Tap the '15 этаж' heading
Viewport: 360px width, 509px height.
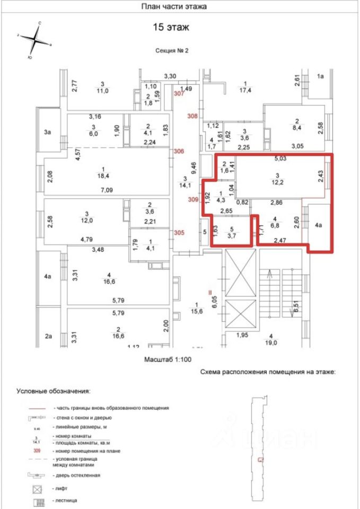click(x=171, y=27)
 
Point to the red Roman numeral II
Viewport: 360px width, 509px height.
click(x=209, y=291)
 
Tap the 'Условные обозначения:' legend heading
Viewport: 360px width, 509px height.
click(x=53, y=391)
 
